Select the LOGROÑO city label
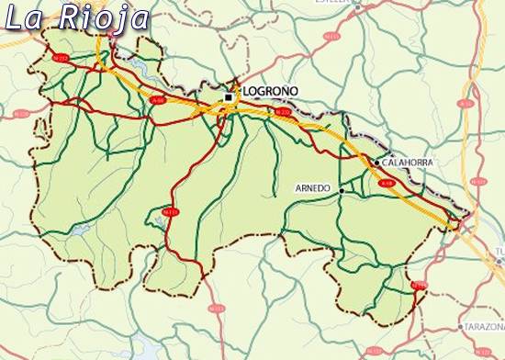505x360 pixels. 272,92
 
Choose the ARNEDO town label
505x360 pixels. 312,188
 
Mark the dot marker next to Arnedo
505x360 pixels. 342,190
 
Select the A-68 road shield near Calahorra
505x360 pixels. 387,184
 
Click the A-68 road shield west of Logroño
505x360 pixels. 159,101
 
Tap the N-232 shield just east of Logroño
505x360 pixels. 282,113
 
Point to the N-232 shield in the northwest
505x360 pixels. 62,58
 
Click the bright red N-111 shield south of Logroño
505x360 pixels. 170,212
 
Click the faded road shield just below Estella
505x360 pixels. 331,37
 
